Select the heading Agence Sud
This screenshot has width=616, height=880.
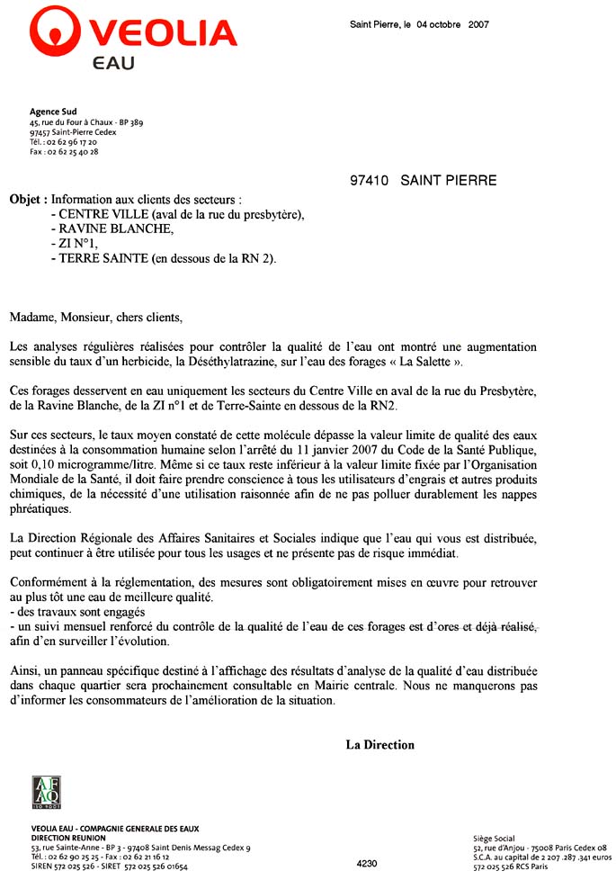(x=53, y=112)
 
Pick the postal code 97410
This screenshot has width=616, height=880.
(x=369, y=181)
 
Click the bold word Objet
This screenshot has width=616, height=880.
(x=26, y=198)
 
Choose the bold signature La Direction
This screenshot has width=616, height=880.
(x=380, y=745)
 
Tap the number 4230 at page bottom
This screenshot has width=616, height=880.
(x=367, y=864)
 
